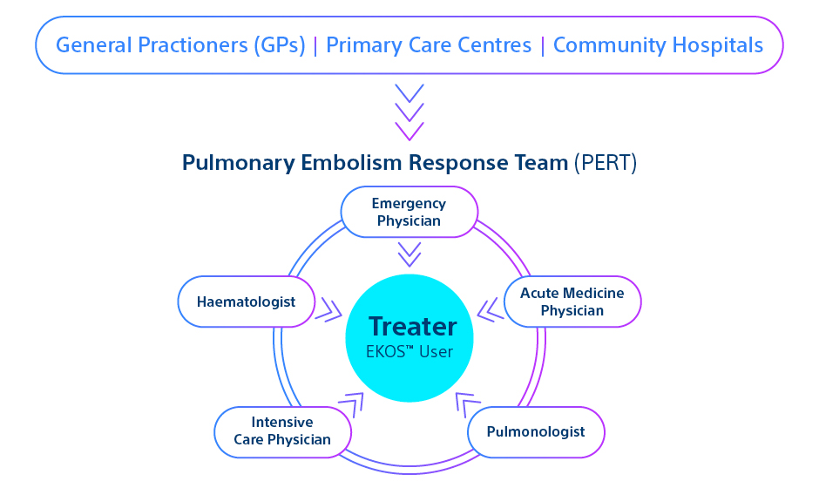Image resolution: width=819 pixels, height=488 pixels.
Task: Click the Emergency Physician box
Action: coord(409,212)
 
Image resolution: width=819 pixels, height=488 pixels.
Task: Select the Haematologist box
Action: coord(245,302)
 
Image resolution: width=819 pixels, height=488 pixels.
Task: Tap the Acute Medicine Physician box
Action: coord(572,302)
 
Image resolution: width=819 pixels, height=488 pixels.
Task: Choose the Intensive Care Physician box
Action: coord(282,431)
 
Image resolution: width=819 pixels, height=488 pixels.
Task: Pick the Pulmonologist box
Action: coord(536,431)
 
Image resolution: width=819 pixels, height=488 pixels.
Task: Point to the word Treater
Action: coord(412,327)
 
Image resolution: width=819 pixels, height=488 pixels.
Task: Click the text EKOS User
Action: coord(411,352)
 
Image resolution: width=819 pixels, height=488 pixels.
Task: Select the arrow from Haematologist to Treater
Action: coord(328,308)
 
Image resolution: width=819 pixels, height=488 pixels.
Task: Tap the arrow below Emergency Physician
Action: coord(409,254)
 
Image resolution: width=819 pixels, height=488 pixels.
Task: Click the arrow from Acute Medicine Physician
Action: coord(491,309)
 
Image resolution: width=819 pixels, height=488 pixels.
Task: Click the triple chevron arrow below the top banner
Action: coord(409,112)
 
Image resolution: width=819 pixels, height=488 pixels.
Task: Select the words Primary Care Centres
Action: coord(429,45)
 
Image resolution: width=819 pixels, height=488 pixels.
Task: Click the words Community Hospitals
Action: coord(658,45)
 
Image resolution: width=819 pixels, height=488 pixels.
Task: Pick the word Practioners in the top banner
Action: coord(173,45)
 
